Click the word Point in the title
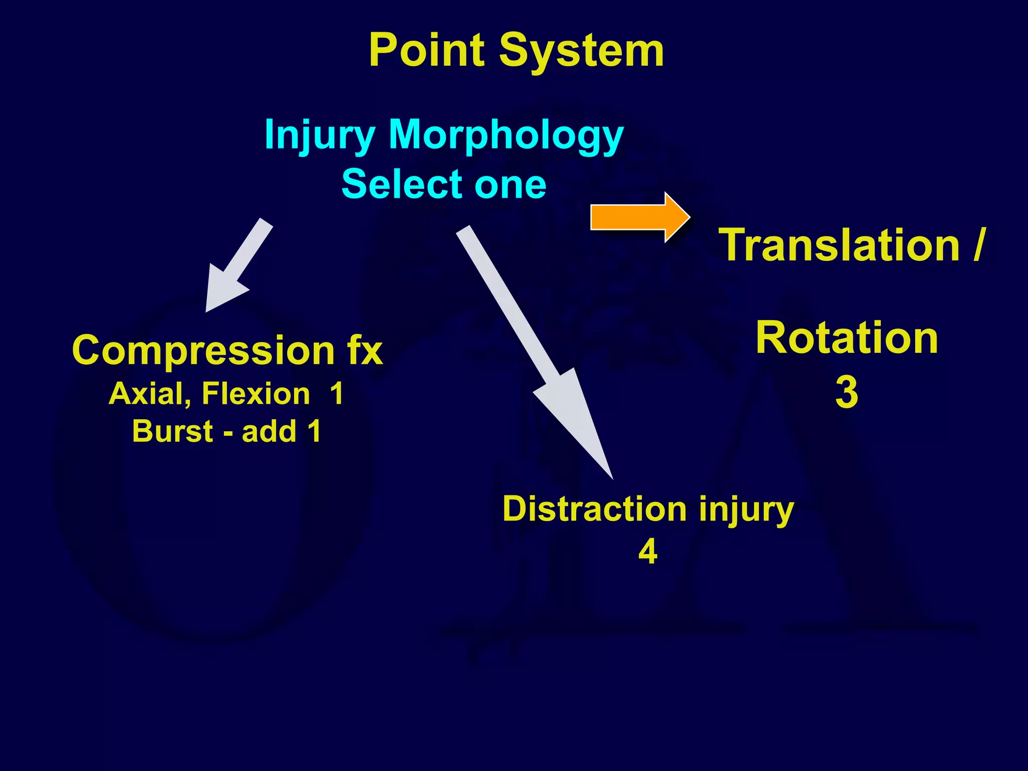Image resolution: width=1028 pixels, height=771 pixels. coord(427,50)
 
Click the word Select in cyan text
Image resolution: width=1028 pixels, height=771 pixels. coord(402,184)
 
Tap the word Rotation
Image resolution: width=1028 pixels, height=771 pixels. coord(847,338)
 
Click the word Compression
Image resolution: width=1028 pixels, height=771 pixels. coord(203,350)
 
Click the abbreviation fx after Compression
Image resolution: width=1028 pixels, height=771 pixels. coord(364,349)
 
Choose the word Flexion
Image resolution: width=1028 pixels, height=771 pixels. coord(256,394)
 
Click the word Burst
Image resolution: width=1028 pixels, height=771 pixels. coord(173,431)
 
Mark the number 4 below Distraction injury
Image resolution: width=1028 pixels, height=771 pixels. coord(648,552)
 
